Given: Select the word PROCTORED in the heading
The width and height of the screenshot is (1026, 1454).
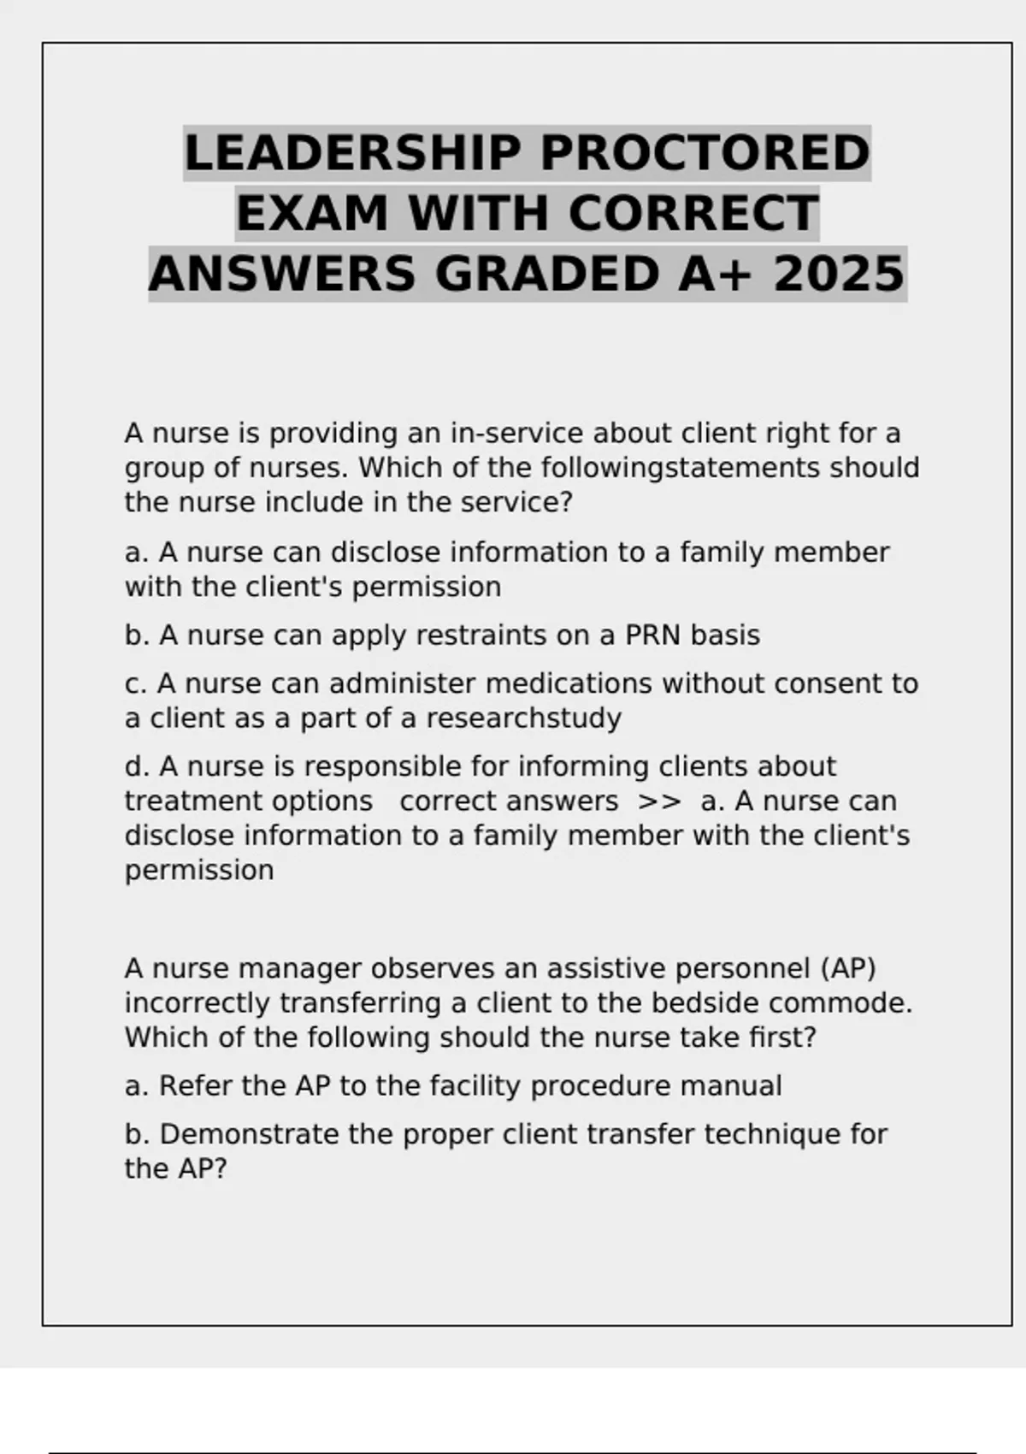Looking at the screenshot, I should (705, 154).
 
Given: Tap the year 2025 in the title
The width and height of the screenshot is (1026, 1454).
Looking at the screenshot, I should (839, 275).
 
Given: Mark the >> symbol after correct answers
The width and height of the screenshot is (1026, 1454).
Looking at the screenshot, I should (659, 801).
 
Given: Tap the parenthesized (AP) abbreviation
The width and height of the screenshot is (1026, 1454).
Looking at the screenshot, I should (848, 969).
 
